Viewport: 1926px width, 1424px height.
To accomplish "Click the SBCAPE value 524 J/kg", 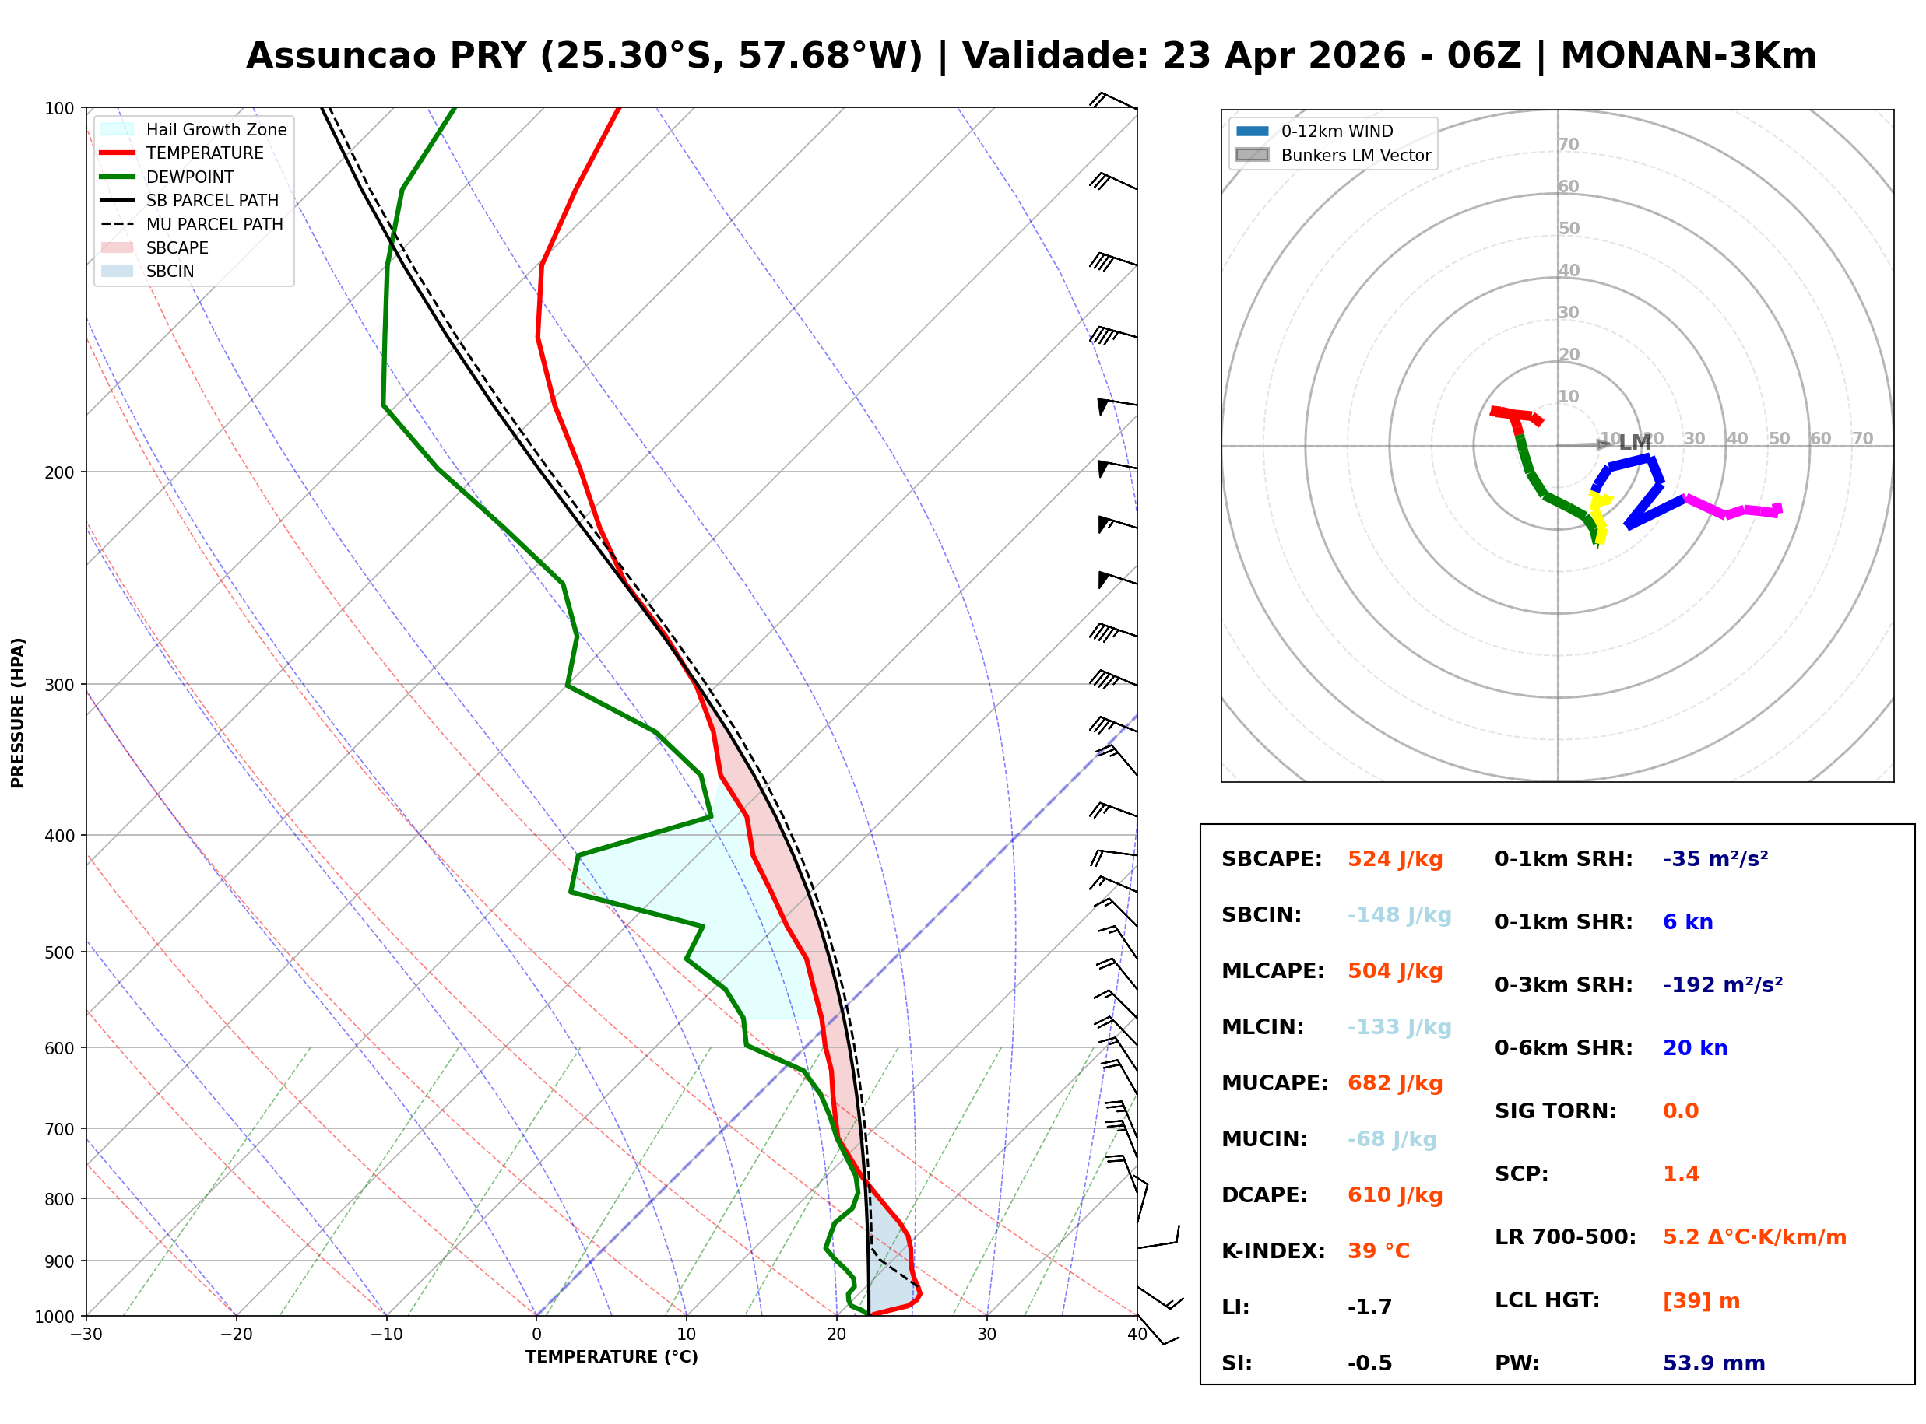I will click(1394, 859).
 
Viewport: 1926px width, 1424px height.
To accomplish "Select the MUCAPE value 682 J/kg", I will click(1394, 1083).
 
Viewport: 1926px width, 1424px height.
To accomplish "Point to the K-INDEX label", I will click(1273, 1251).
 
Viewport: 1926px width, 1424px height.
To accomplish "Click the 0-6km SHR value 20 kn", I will click(1694, 1048).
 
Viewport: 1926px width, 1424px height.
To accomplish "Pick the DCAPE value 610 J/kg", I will click(1394, 1195).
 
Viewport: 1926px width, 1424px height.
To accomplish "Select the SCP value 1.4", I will click(1680, 1174).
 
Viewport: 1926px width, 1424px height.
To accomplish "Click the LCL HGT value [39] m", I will click(1700, 1301).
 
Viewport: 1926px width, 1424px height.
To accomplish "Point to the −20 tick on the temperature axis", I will click(235, 1335).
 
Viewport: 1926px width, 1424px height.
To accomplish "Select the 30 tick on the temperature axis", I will click(986, 1335).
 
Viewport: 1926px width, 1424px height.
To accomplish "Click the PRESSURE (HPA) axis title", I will click(18, 713).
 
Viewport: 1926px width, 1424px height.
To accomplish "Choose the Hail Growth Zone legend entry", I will click(216, 129).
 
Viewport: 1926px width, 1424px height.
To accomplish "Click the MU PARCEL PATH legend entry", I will click(214, 224).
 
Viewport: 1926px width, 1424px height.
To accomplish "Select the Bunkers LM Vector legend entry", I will click(1355, 155).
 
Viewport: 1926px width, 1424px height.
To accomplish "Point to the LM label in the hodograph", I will click(1635, 443).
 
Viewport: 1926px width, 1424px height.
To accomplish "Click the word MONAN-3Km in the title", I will click(1688, 56).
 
